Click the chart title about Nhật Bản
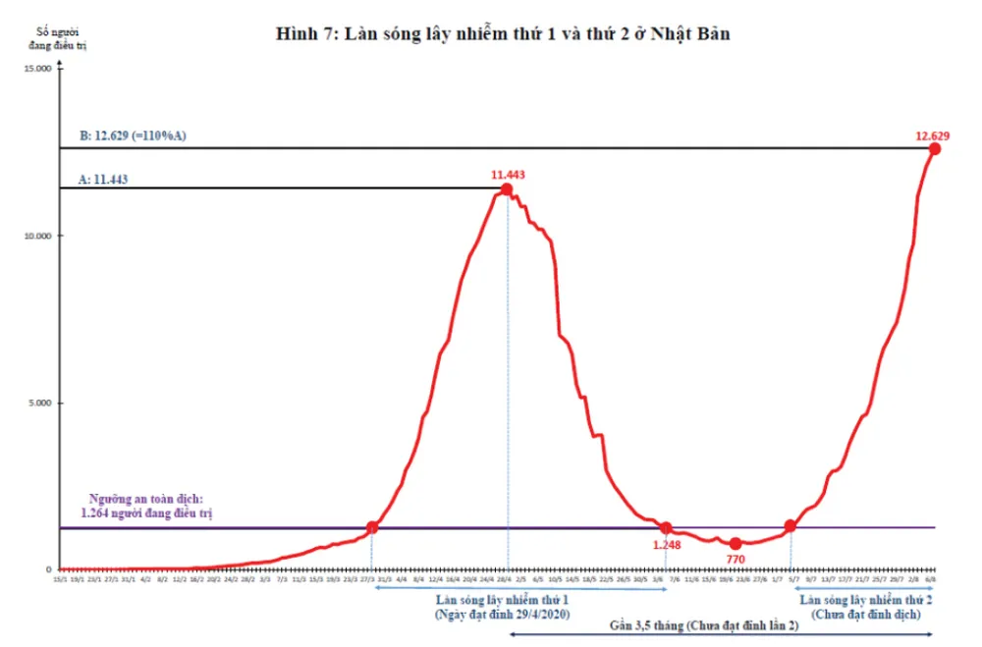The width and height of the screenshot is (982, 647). [506, 33]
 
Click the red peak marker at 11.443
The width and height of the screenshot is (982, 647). [506, 189]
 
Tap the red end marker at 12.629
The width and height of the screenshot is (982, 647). [934, 148]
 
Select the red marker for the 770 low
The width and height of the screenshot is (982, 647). [736, 543]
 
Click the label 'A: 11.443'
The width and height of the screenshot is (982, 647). [103, 180]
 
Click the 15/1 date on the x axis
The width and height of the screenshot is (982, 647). [61, 579]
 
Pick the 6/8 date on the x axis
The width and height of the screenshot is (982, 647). [929, 579]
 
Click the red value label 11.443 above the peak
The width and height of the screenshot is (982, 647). [510, 175]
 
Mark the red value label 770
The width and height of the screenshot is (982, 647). [736, 560]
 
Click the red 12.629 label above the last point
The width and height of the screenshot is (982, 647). [935, 134]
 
